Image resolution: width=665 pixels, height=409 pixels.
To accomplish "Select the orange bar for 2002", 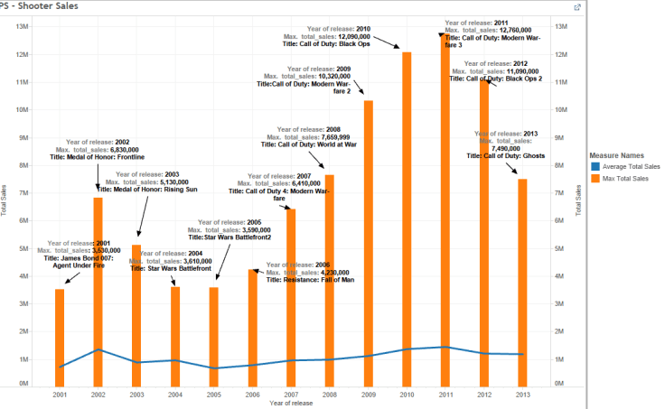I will pos(98,289).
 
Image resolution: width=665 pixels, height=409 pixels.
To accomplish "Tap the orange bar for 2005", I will pos(214,334).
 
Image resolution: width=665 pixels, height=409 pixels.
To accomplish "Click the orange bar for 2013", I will pos(522,280).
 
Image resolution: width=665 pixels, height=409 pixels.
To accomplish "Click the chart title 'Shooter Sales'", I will pos(41,6).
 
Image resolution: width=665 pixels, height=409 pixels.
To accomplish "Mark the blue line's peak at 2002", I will pos(98,349).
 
